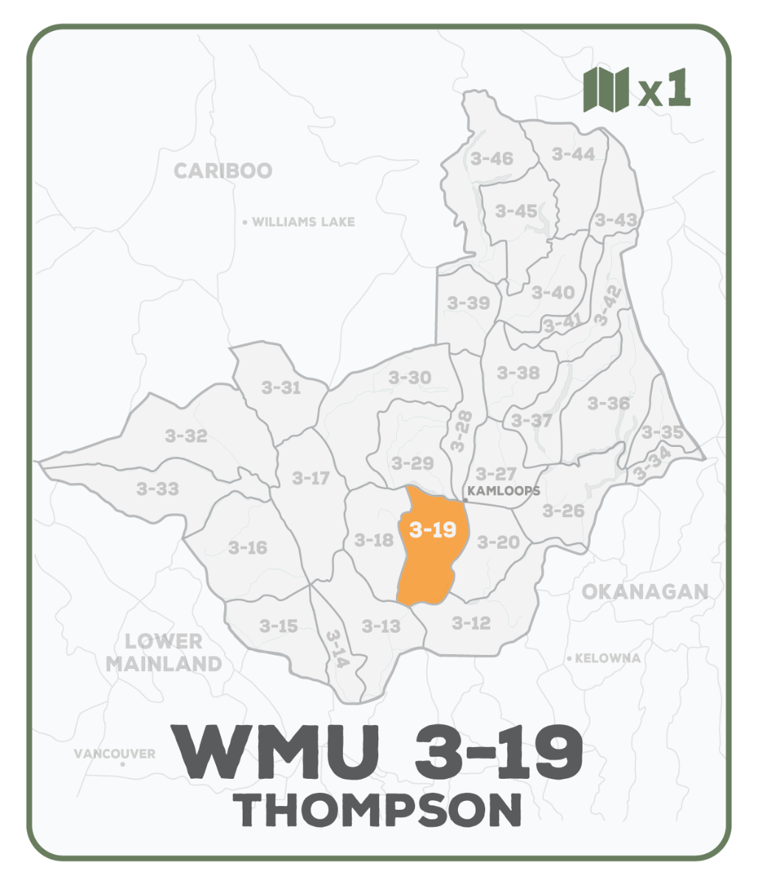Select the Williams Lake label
tap(303, 222)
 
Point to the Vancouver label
tap(115, 754)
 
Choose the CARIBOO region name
tap(223, 171)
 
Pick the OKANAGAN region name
tap(644, 591)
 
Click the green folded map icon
tap(605, 89)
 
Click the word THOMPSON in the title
tap(378, 809)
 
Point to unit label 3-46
tap(491, 159)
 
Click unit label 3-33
tap(157, 488)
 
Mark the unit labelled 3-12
tap(470, 623)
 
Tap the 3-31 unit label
tap(281, 387)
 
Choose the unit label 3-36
tap(609, 403)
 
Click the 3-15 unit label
tap(278, 626)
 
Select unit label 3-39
tap(468, 302)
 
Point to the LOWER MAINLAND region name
tap(164, 652)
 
